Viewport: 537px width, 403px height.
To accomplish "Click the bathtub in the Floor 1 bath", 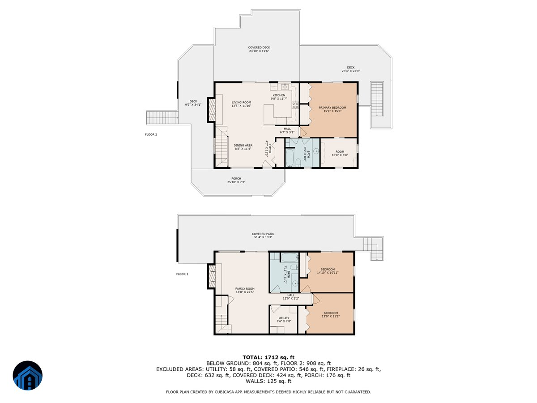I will [x=290, y=257].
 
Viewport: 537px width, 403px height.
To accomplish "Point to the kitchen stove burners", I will [x=295, y=106].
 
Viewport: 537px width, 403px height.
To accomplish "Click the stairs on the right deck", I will [x=377, y=99].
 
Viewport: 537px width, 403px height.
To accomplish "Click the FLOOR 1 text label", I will [x=182, y=274].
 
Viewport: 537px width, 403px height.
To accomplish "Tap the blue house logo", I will [x=27, y=375].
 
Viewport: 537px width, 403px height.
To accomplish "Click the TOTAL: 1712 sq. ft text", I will [x=268, y=357].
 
